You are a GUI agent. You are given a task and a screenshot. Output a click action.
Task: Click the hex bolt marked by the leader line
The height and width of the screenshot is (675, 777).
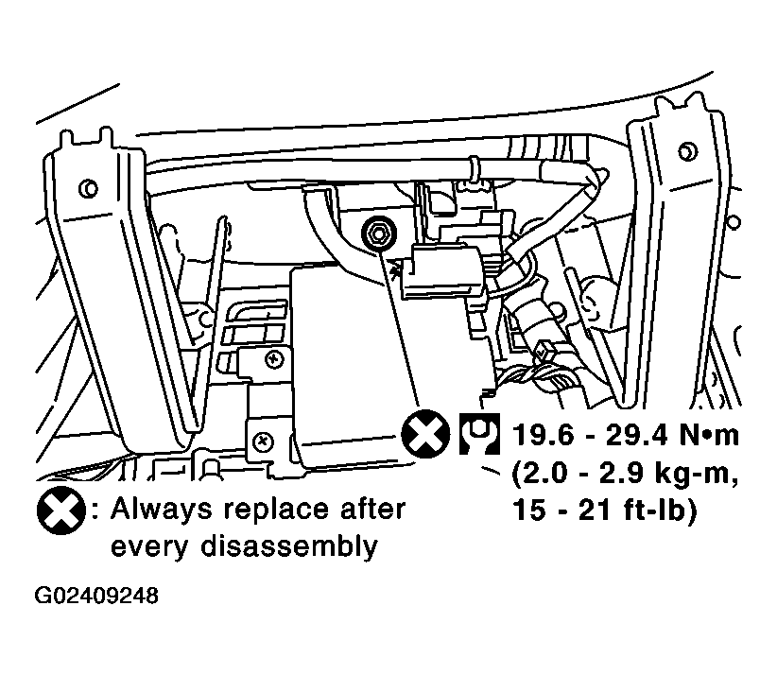(378, 233)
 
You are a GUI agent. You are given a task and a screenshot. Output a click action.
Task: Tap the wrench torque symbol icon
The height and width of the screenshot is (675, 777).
(479, 434)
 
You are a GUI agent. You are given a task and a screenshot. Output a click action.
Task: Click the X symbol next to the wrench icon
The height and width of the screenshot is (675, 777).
(425, 434)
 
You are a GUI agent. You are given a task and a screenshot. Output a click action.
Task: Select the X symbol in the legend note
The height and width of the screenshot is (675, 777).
(61, 511)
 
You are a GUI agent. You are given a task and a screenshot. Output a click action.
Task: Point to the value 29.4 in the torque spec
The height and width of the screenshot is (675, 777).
(637, 435)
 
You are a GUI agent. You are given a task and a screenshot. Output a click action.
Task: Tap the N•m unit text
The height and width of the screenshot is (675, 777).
(709, 435)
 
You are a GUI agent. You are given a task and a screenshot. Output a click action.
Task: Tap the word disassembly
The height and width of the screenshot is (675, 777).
(289, 547)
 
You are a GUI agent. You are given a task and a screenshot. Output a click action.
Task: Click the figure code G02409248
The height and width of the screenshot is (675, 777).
(96, 596)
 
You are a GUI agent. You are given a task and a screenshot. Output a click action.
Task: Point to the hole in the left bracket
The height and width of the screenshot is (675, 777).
(89, 188)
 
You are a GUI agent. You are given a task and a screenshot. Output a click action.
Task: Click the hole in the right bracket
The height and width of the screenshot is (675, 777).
(686, 151)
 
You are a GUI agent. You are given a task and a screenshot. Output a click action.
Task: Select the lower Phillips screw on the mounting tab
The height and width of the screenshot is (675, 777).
(263, 441)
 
